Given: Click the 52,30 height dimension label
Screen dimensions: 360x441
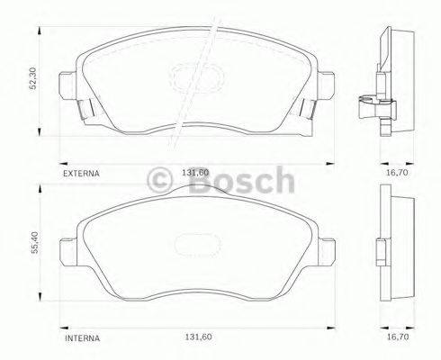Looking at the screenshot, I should pyautogui.click(x=33, y=79).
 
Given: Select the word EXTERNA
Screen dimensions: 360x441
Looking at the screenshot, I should pyautogui.click(x=81, y=170).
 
